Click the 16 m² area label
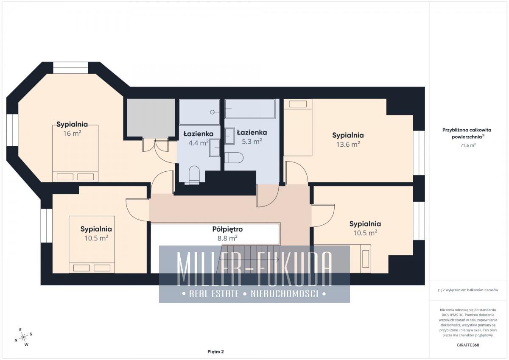click(x=72, y=133)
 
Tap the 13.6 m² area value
click(x=348, y=144)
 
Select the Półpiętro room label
click(x=227, y=229)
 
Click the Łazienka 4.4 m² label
click(x=199, y=138)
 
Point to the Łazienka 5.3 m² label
click(x=252, y=137)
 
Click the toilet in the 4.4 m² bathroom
click(x=194, y=175)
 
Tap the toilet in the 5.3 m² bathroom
click(x=234, y=158)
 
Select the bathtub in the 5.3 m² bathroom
click(x=250, y=109)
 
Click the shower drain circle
click(x=212, y=112)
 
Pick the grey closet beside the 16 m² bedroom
click(x=151, y=118)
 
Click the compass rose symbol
click(x=23, y=337)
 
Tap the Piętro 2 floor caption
click(x=215, y=352)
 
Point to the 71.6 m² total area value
click(x=468, y=145)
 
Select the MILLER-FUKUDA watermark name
click(x=254, y=269)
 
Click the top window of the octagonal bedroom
click(x=70, y=68)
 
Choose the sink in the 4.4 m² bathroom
click(x=215, y=148)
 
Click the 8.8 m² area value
click(x=227, y=238)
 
